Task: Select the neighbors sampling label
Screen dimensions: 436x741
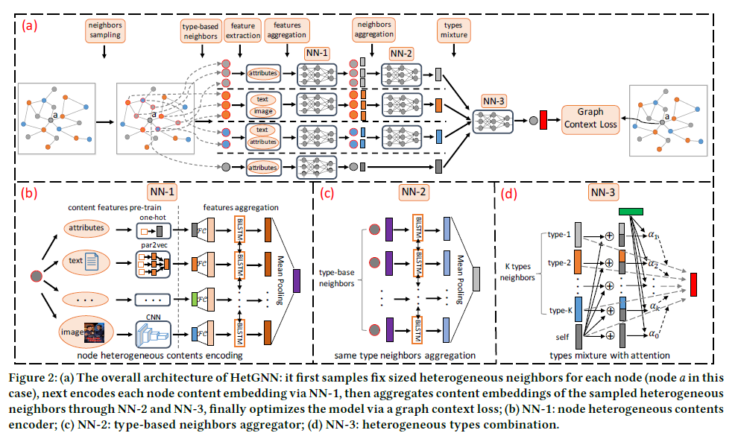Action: (104, 30)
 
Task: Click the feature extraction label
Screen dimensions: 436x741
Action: (242, 30)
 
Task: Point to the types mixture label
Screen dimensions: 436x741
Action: (448, 30)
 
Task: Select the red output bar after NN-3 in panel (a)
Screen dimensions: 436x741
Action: (542, 119)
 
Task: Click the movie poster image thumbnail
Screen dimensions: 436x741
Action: (95, 329)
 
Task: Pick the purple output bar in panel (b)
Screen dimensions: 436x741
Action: (297, 281)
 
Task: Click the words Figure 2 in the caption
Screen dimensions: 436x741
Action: (35, 371)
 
